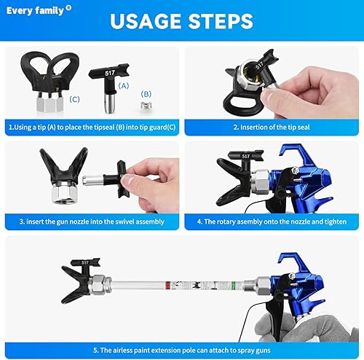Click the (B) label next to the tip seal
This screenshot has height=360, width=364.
tap(146, 93)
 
